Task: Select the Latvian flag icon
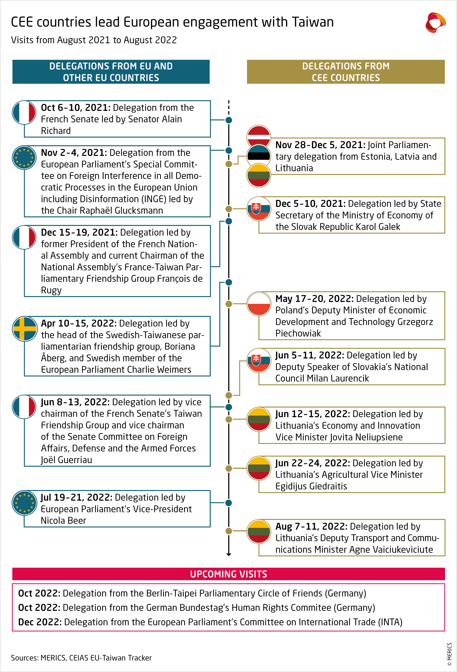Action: coord(259,137)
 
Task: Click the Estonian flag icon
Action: coord(259,156)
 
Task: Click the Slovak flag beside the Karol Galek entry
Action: coord(259,209)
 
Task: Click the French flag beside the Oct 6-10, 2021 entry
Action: coord(24,113)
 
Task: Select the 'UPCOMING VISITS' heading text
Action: coord(228,574)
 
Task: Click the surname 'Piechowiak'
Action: coord(298,333)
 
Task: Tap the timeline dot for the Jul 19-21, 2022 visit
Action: coord(229,503)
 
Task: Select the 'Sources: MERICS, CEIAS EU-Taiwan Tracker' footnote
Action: coord(81,658)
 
